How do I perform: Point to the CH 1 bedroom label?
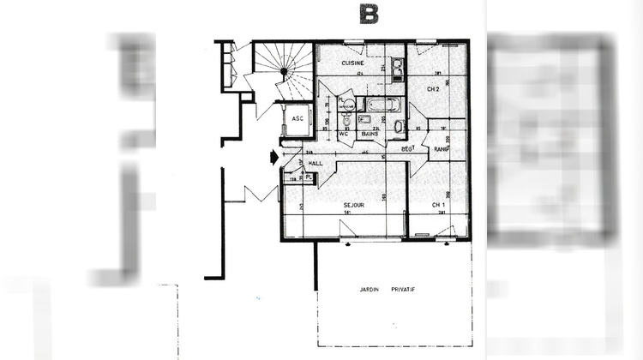[438, 205]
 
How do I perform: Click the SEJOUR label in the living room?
[354, 205]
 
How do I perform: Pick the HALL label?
[315, 162]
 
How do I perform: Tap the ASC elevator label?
[298, 118]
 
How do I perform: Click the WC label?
[342, 134]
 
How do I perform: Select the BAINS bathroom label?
[370, 135]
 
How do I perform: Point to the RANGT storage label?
[442, 149]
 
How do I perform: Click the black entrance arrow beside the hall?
[273, 157]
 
